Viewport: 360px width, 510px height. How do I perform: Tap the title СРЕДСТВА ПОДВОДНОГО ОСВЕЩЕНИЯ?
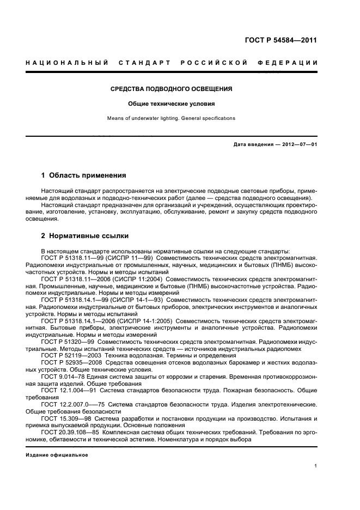click(x=172, y=88)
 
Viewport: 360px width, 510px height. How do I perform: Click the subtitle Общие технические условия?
click(x=172, y=103)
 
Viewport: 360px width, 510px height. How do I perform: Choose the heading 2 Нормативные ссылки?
click(x=85, y=236)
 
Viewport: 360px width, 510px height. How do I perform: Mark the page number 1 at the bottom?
click(x=316, y=466)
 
